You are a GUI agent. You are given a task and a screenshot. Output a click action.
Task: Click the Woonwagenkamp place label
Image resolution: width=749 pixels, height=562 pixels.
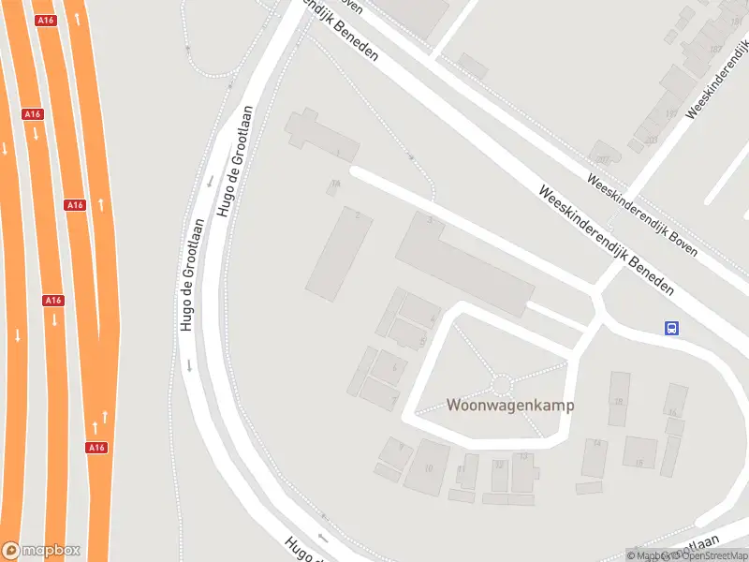click(x=510, y=407)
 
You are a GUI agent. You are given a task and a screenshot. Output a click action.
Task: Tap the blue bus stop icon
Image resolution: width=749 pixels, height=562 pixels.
click(x=671, y=328)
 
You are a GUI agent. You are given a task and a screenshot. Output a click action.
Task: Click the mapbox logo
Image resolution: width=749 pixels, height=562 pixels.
click(x=41, y=551)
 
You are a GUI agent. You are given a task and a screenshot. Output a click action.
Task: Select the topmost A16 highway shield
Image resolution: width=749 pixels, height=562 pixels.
click(x=44, y=20)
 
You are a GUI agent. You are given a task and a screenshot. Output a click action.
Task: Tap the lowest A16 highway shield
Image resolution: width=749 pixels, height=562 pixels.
click(x=96, y=448)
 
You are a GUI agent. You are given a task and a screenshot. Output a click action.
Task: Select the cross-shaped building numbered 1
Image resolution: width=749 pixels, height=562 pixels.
click(x=322, y=139)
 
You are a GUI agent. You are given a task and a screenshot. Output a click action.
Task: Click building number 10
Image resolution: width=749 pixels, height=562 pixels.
click(x=427, y=466)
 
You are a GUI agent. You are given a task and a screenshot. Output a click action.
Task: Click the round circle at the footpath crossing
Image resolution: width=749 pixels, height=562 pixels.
click(x=502, y=384)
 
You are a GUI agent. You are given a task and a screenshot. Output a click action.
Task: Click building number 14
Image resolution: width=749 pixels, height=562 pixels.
click(x=595, y=457)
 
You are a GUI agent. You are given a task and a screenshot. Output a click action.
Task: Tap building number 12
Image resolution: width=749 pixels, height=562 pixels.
click(x=498, y=474)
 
